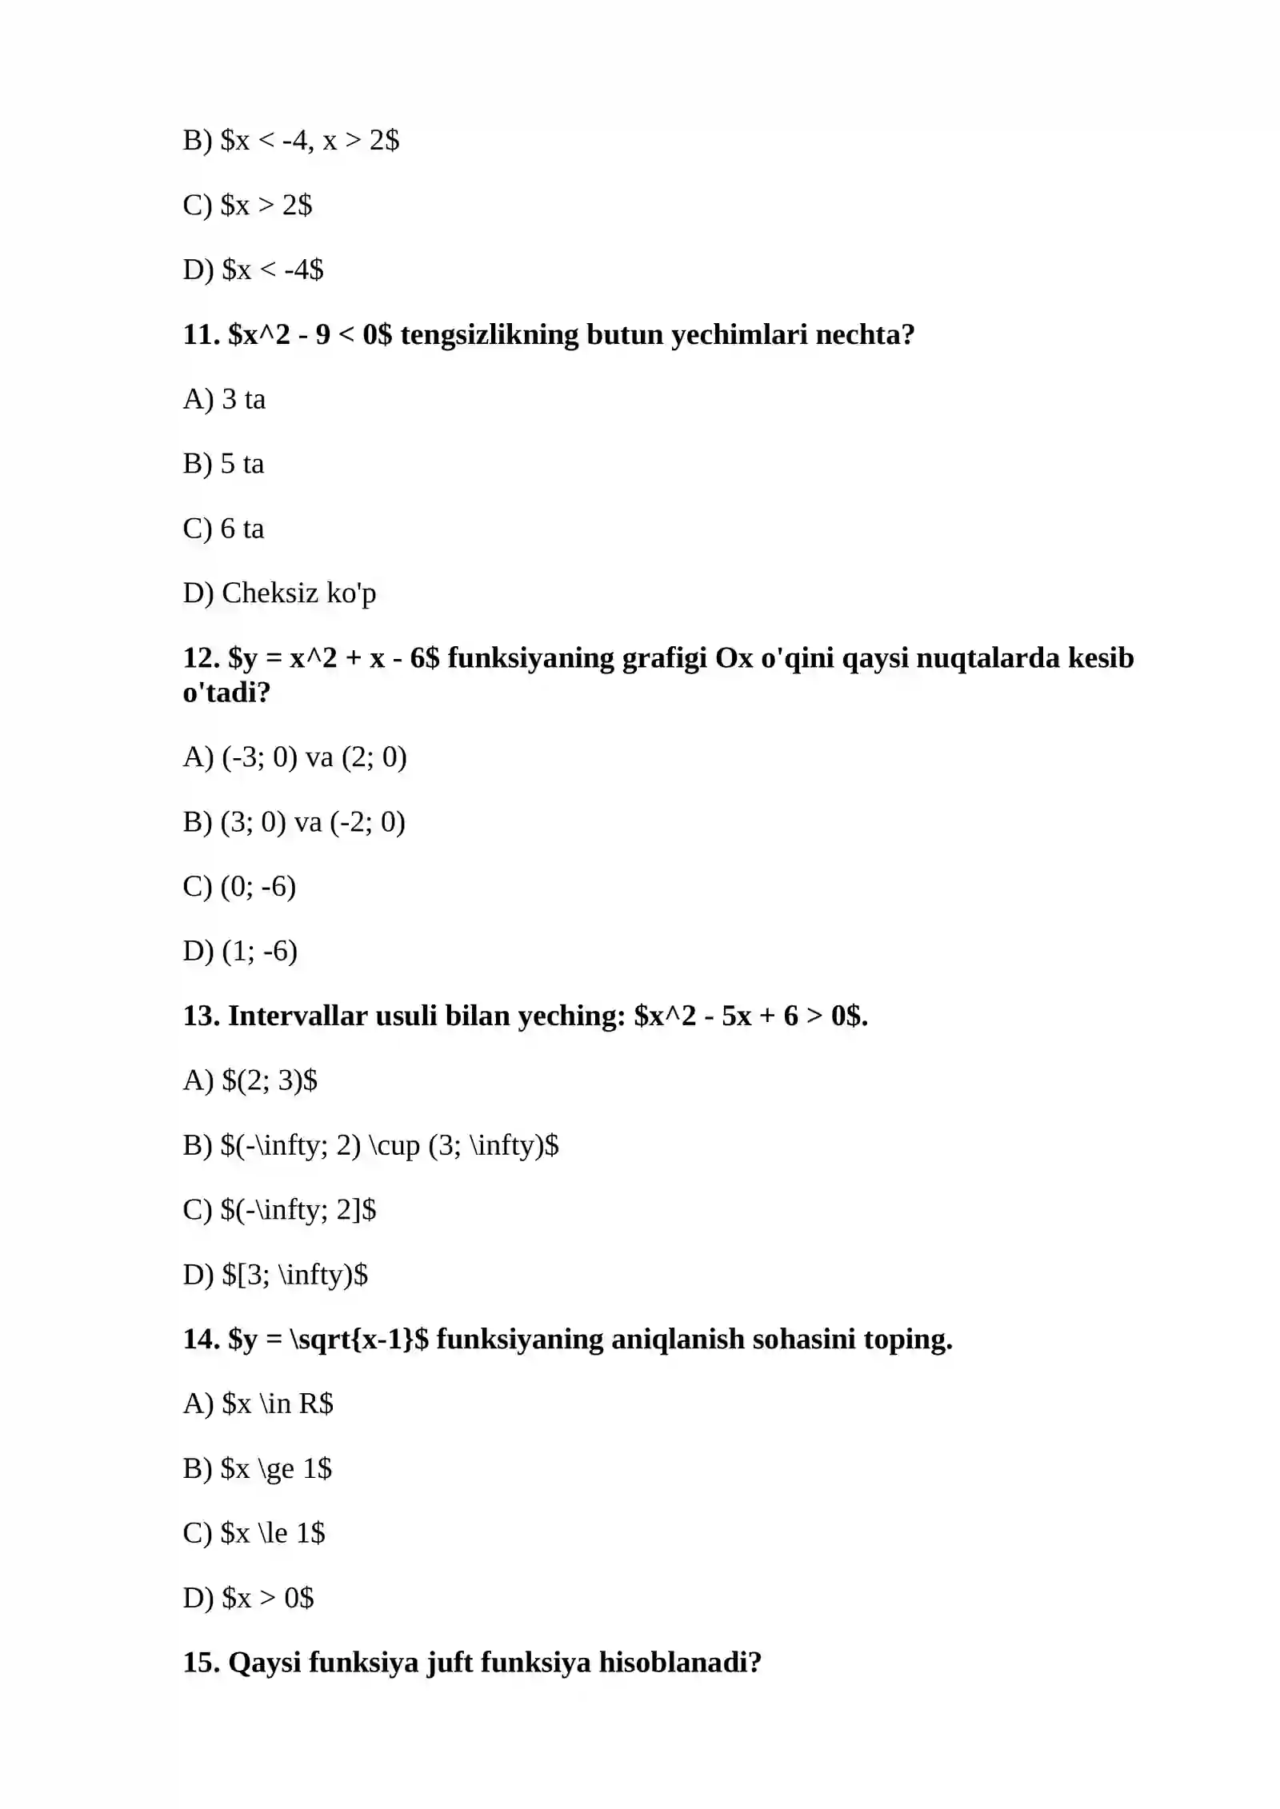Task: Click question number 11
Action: click(x=201, y=334)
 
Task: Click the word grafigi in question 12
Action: click(x=664, y=658)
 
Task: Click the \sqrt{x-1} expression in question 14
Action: click(x=352, y=1340)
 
